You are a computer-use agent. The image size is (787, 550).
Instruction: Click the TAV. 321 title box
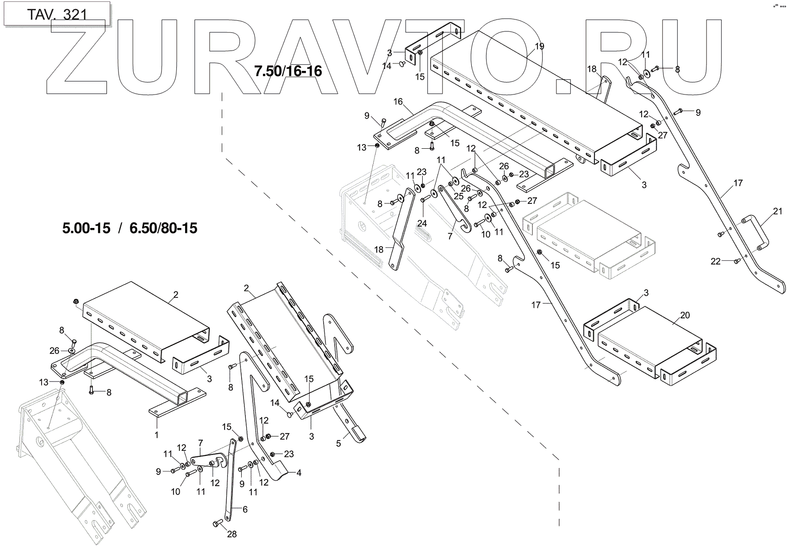pyautogui.click(x=56, y=14)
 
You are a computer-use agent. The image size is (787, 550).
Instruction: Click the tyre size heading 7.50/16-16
pyautogui.click(x=288, y=71)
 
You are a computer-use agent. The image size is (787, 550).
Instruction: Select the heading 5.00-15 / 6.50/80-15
pyautogui.click(x=130, y=228)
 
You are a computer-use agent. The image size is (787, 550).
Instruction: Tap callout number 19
pyautogui.click(x=539, y=46)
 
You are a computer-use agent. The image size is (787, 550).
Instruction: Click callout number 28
pyautogui.click(x=232, y=534)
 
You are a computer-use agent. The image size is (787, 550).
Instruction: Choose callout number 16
pyautogui.click(x=399, y=101)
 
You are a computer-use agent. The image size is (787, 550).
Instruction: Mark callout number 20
pyautogui.click(x=685, y=316)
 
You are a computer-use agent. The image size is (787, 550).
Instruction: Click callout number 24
pyautogui.click(x=422, y=223)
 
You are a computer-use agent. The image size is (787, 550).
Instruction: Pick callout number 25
pyautogui.click(x=458, y=196)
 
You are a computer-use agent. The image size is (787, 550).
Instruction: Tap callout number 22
pyautogui.click(x=716, y=261)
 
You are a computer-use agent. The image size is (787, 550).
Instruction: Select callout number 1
pyautogui.click(x=156, y=435)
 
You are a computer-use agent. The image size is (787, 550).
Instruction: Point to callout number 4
pyautogui.click(x=299, y=473)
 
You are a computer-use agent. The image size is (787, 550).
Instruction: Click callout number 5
pyautogui.click(x=338, y=443)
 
